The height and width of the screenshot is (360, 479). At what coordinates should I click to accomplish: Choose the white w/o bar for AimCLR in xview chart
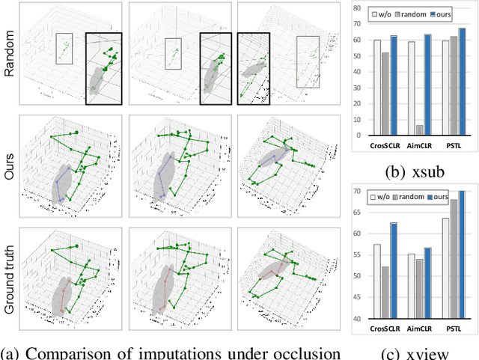(411, 286)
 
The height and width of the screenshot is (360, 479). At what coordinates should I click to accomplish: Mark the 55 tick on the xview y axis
(357, 255)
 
